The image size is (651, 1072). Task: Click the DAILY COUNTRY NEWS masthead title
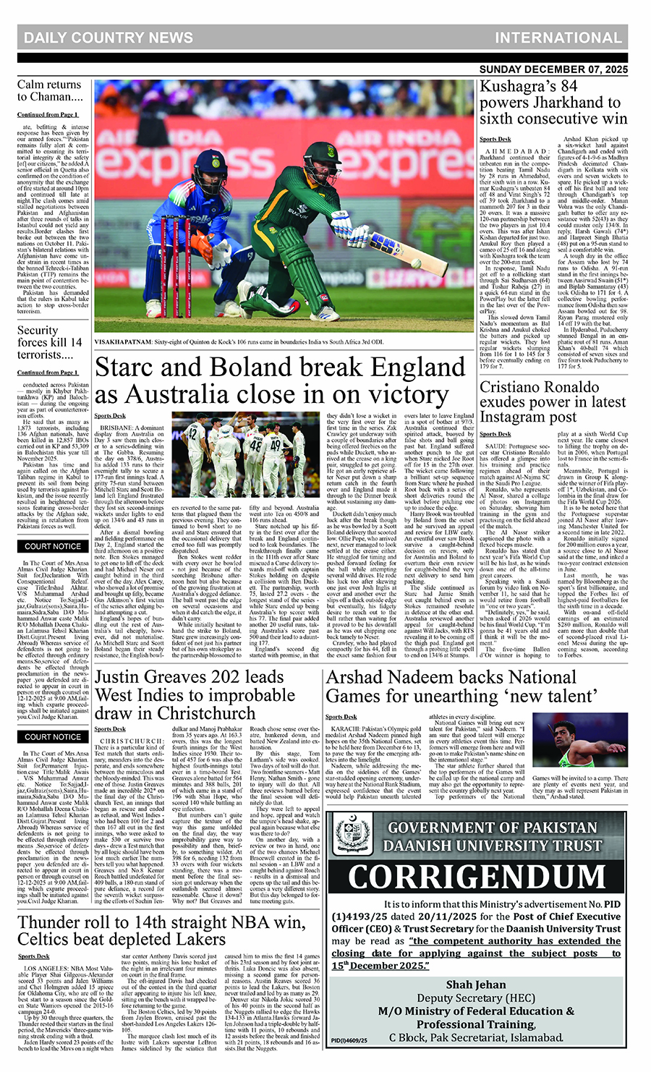click(x=109, y=38)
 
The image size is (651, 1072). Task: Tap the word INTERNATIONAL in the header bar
click(x=558, y=38)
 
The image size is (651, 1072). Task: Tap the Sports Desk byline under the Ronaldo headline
click(x=495, y=434)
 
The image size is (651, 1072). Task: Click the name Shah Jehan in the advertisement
click(x=475, y=984)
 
